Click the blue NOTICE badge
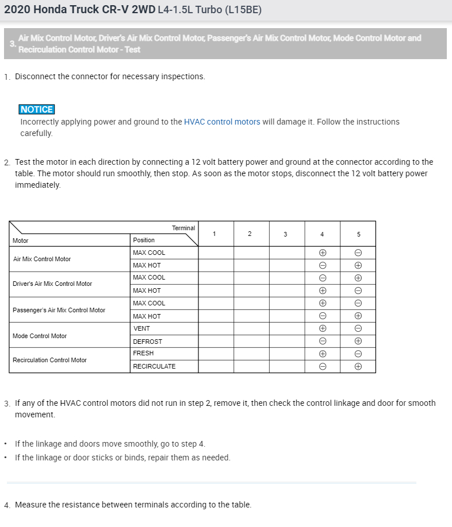[36, 110]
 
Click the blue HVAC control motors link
[222, 122]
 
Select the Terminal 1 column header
[214, 234]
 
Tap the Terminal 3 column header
[286, 234]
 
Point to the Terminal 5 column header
[358, 234]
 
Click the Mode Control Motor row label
[40, 336]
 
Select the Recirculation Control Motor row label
[49, 360]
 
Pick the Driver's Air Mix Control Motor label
[52, 284]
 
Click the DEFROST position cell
[147, 342]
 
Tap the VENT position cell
[141, 328]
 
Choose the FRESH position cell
[143, 353]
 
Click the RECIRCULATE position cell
[154, 366]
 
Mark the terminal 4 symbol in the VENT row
[323, 328]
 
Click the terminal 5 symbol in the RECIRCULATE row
[358, 366]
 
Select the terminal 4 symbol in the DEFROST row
[323, 342]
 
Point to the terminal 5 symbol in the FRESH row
[358, 354]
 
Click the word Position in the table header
[144, 240]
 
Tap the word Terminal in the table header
[183, 228]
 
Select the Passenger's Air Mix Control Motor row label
[59, 310]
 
